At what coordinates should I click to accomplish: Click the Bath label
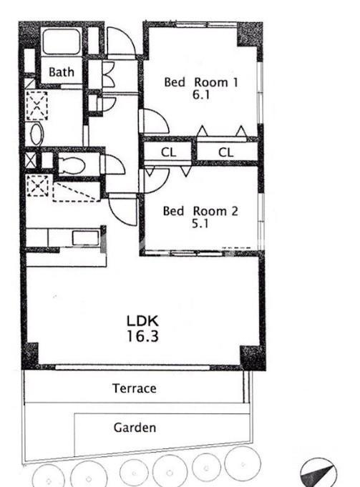pyautogui.click(x=62, y=72)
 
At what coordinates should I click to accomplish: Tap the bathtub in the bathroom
pyautogui.click(x=62, y=41)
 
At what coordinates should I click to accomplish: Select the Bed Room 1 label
pyautogui.click(x=201, y=82)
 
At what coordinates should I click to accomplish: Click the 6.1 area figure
pyautogui.click(x=201, y=94)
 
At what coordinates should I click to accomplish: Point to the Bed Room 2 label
pyautogui.click(x=200, y=211)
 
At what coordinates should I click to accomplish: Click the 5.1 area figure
pyautogui.click(x=200, y=224)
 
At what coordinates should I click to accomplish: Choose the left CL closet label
pyautogui.click(x=168, y=152)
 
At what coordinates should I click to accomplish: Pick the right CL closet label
pyautogui.click(x=225, y=152)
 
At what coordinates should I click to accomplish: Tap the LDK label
pyautogui.click(x=142, y=320)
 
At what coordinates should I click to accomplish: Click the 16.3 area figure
pyautogui.click(x=142, y=336)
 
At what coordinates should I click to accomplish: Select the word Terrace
pyautogui.click(x=135, y=388)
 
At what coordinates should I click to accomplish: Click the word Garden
pyautogui.click(x=135, y=428)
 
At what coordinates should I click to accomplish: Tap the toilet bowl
pyautogui.click(x=72, y=164)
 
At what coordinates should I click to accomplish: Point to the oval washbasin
pyautogui.click(x=37, y=134)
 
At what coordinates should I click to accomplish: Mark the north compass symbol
pyautogui.click(x=318, y=473)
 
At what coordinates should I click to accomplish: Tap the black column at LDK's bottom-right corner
pyautogui.click(x=253, y=357)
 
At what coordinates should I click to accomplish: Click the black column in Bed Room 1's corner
pyautogui.click(x=250, y=35)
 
